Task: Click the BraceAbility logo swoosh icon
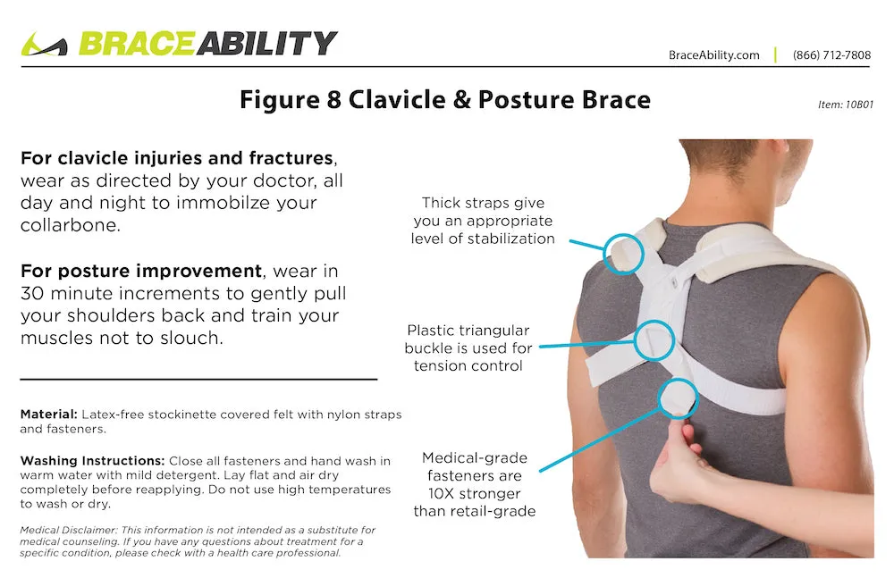(44, 45)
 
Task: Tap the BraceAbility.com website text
(713, 55)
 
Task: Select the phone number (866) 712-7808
(831, 55)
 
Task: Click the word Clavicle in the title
(397, 100)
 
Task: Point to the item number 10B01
(859, 105)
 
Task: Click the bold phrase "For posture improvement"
(141, 270)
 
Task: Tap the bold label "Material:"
(48, 415)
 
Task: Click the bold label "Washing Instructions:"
(92, 461)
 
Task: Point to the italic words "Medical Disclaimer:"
(69, 530)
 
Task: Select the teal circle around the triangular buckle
(635, 340)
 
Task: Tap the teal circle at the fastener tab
(659, 398)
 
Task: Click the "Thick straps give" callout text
(483, 203)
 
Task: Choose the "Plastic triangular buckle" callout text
(468, 339)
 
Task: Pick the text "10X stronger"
(475, 494)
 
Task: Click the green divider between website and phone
(775, 54)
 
